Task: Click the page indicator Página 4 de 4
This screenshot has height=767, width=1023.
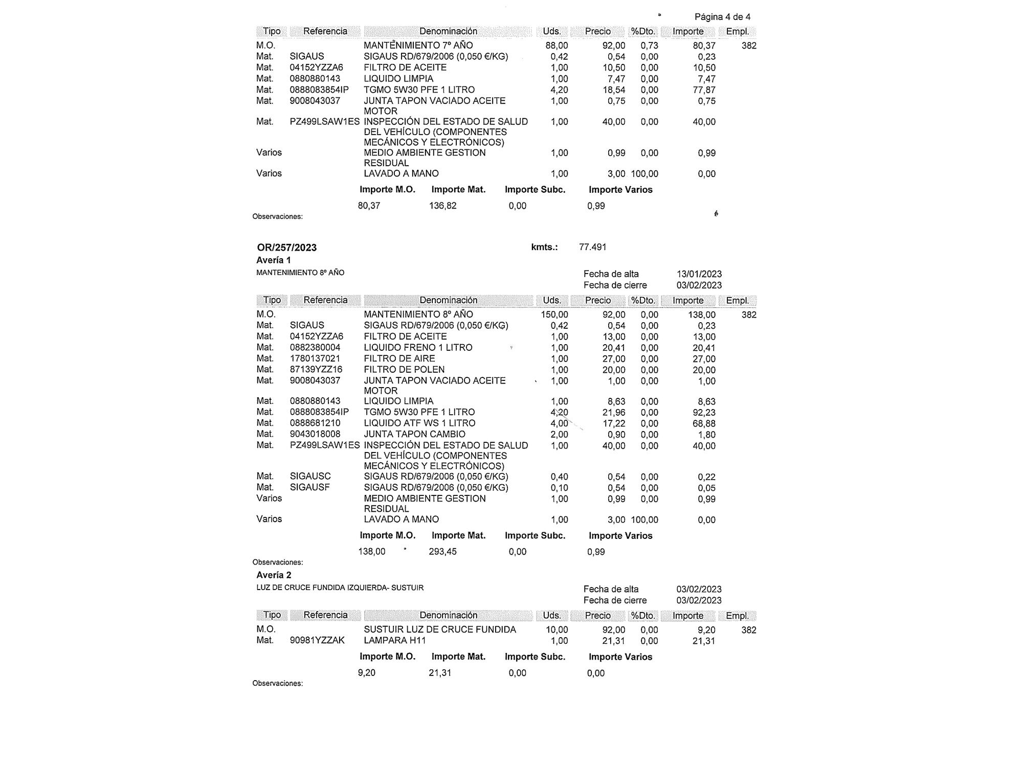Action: click(x=722, y=17)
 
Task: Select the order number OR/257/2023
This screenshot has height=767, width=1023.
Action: click(x=286, y=247)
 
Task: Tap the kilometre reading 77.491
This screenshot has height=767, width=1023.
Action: click(x=592, y=247)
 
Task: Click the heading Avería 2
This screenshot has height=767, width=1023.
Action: click(x=274, y=575)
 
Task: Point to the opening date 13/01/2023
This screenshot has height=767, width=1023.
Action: click(x=699, y=274)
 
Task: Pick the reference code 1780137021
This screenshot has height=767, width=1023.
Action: click(x=315, y=358)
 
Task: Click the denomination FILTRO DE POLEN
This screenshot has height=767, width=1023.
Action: click(x=404, y=370)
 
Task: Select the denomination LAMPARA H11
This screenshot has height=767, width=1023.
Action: click(x=394, y=641)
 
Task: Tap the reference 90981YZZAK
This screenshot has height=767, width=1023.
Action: click(x=317, y=641)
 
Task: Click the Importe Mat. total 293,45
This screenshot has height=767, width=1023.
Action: click(x=442, y=552)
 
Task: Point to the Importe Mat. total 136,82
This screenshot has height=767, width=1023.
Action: click(x=442, y=206)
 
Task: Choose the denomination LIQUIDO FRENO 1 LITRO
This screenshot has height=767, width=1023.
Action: click(x=418, y=348)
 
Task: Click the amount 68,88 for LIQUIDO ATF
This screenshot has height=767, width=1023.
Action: click(x=704, y=424)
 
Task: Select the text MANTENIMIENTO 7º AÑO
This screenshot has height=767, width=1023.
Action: click(x=418, y=46)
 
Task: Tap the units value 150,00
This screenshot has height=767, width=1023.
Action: click(x=554, y=314)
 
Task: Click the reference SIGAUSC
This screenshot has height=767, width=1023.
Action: click(x=310, y=477)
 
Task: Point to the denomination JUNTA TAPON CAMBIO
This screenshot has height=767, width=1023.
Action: click(x=414, y=435)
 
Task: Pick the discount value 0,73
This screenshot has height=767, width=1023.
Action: click(x=649, y=46)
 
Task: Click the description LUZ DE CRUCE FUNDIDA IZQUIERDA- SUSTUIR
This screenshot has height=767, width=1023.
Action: click(x=340, y=588)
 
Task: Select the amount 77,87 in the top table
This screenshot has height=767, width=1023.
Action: click(x=704, y=90)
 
